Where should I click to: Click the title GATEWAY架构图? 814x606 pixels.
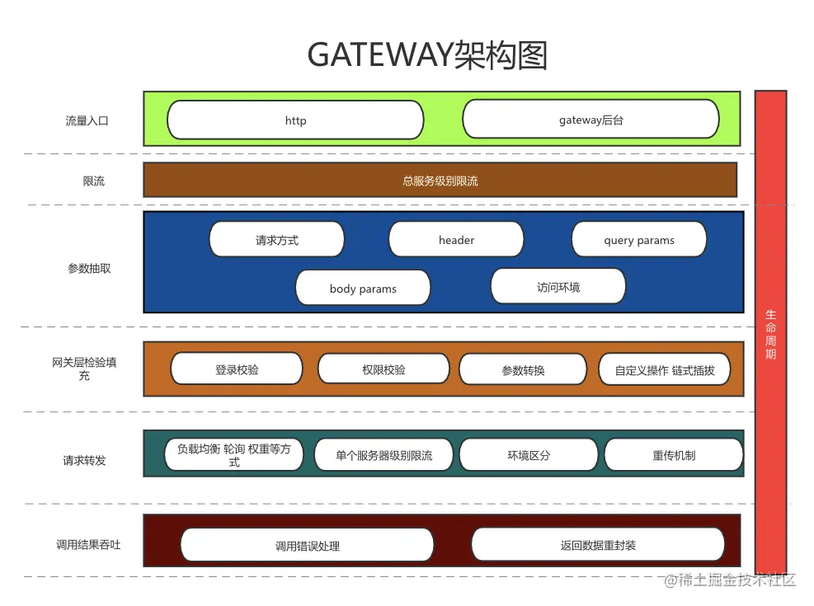click(x=426, y=55)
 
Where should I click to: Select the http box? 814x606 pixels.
click(x=295, y=120)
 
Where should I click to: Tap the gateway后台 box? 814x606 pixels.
click(x=591, y=120)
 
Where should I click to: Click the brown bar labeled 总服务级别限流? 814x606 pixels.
click(x=440, y=181)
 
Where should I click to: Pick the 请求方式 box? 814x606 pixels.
click(x=276, y=240)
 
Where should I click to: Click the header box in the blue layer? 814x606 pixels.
click(x=456, y=240)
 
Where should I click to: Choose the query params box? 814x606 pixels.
click(x=638, y=240)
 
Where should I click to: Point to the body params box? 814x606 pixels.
click(x=363, y=289)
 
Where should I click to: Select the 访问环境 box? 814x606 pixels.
click(x=558, y=287)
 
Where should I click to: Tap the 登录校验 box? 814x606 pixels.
click(x=237, y=369)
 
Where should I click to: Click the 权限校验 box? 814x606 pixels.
click(x=383, y=369)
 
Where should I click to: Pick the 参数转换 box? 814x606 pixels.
click(x=523, y=370)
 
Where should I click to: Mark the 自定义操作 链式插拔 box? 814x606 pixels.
click(x=665, y=370)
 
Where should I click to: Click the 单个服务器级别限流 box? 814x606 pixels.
click(x=383, y=455)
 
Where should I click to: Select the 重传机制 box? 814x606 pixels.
click(x=673, y=455)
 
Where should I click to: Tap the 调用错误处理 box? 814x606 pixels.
click(x=307, y=546)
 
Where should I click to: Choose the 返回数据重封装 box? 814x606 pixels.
click(x=598, y=545)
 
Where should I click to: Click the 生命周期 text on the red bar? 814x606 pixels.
click(x=770, y=334)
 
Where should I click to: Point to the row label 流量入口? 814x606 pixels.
click(x=87, y=120)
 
